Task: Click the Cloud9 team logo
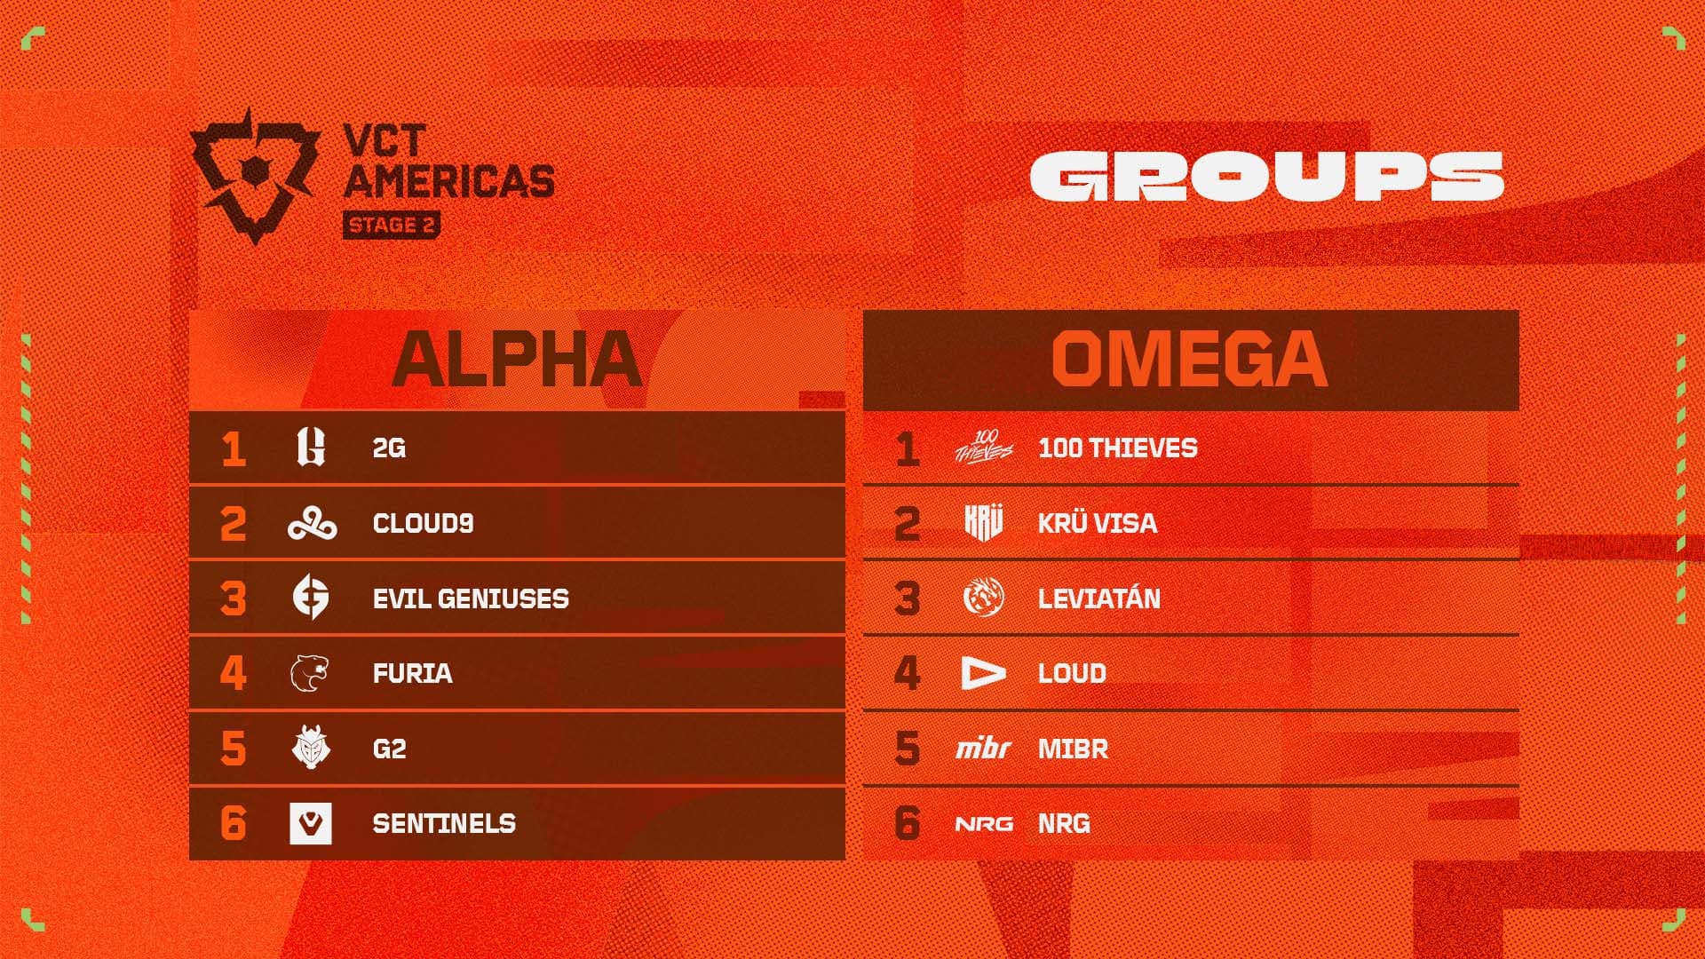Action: (312, 523)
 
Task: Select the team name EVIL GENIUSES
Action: (471, 598)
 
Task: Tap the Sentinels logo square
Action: (311, 823)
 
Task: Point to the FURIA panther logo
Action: (310, 673)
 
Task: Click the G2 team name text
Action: (389, 749)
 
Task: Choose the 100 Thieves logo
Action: (983, 447)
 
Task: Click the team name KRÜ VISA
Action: (1098, 523)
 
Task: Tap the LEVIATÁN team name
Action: (1099, 598)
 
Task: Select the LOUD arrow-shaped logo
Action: (983, 673)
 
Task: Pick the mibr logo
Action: (983, 749)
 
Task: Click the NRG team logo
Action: (984, 824)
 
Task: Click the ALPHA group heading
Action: (517, 360)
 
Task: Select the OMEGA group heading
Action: (1190, 360)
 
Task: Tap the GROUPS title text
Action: (1266, 176)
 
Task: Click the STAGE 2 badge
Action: (392, 226)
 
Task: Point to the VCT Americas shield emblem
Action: (255, 174)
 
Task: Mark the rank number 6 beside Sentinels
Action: (233, 823)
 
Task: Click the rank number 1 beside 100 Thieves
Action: (907, 448)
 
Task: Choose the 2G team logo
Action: (311, 448)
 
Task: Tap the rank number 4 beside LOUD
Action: (907, 673)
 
